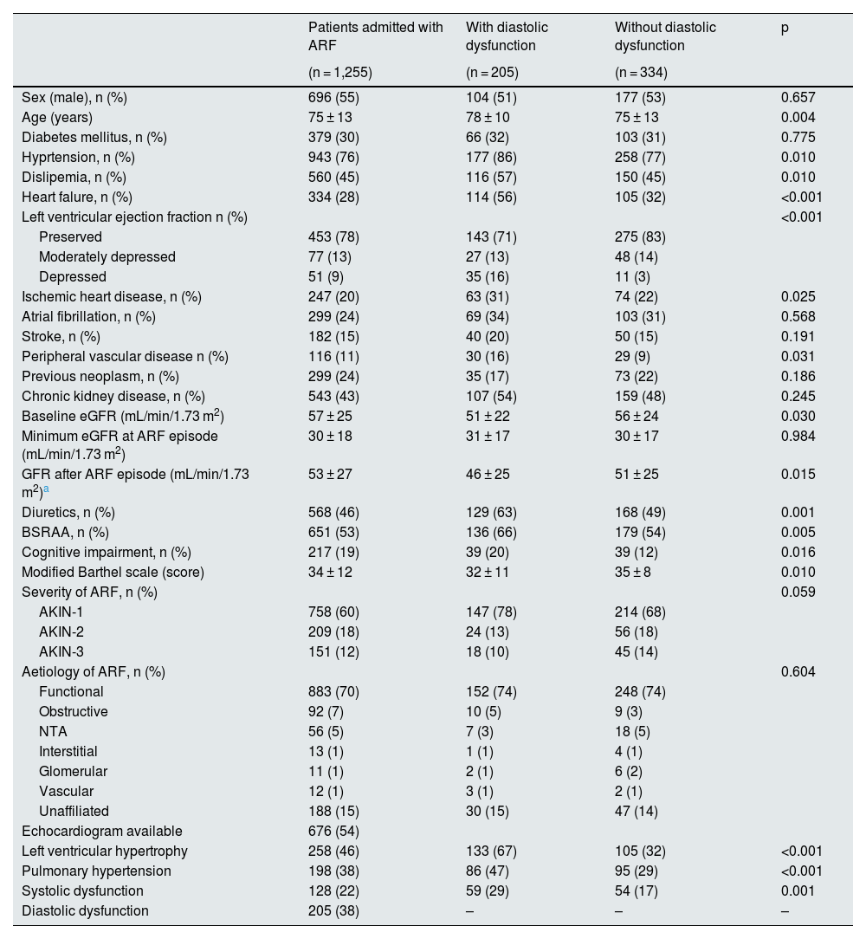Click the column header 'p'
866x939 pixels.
tap(785, 29)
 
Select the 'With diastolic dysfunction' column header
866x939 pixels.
tap(507, 36)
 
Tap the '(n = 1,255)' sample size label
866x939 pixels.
tap(340, 73)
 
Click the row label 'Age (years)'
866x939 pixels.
tap(57, 117)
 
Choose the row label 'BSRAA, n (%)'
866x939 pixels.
tap(65, 532)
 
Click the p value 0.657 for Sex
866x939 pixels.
tap(798, 97)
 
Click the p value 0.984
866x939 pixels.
tap(798, 436)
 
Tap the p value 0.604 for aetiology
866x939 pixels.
tap(798, 671)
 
